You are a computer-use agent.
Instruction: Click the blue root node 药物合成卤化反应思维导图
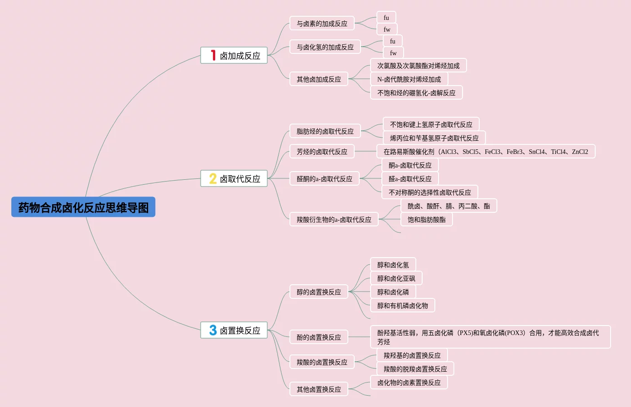coord(83,207)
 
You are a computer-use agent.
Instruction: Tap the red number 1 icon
coord(213,55)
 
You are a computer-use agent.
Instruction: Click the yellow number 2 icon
coord(212,178)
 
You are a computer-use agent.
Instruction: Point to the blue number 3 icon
coord(212,330)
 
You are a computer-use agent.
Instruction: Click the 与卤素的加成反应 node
coord(322,24)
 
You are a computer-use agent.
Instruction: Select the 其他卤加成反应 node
coord(318,79)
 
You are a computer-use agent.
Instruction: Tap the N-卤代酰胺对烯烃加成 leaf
coord(409,79)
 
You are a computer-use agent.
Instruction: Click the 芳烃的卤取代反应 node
coord(322,152)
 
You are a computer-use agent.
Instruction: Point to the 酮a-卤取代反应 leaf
coord(410,165)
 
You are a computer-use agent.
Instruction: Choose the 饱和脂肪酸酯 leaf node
coord(426,220)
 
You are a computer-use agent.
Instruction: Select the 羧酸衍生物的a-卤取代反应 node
coord(333,220)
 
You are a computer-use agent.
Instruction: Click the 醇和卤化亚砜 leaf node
coord(396,278)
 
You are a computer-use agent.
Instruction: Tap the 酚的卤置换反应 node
coord(318,337)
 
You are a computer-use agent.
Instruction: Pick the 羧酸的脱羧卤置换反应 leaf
coord(415,369)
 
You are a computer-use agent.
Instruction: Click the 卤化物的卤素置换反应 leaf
coord(409,383)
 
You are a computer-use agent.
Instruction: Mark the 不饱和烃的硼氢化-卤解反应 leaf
coord(416,93)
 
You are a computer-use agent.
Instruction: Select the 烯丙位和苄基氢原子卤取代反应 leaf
coord(434,138)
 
